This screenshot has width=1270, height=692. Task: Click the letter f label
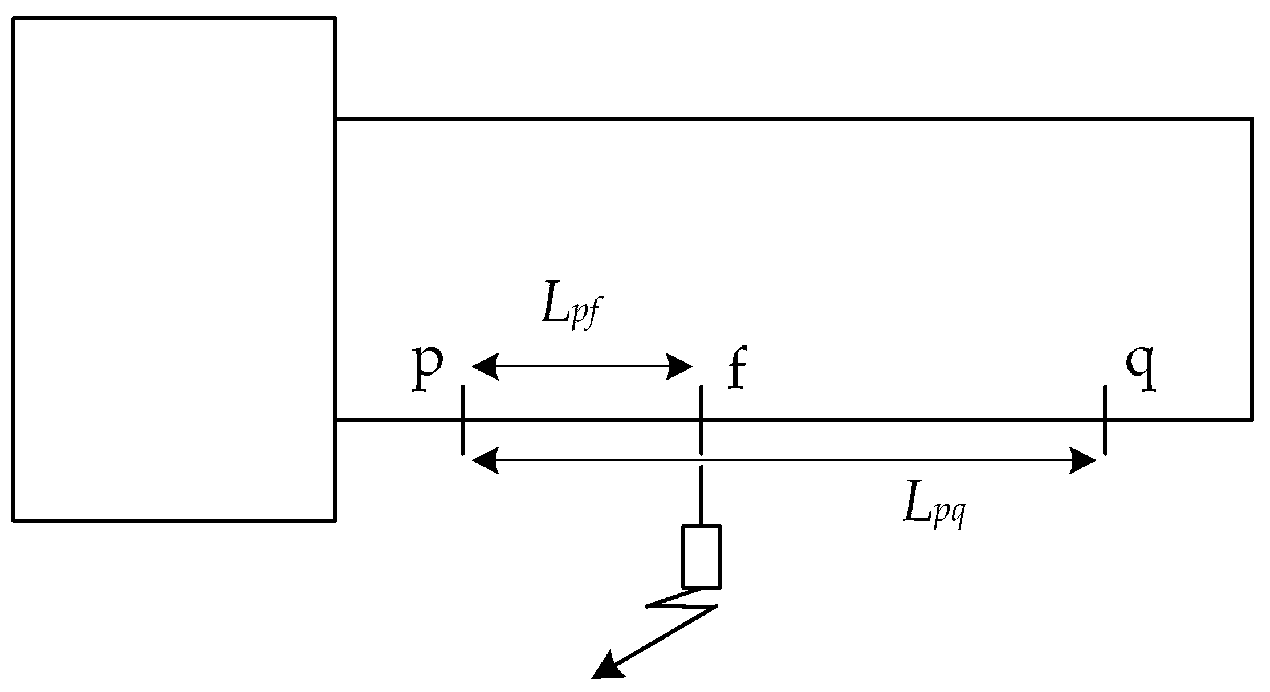(x=737, y=371)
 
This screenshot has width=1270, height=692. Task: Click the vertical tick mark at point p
(x=463, y=420)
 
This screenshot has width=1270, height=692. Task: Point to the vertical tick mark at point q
(x=1105, y=420)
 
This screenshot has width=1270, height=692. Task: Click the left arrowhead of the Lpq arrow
(x=485, y=460)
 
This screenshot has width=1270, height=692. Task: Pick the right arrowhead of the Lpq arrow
(x=1083, y=460)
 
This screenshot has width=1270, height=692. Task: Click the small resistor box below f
(x=701, y=556)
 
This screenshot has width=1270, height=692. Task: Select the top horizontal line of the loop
(x=792, y=119)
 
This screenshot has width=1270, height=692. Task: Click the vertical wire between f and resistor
(x=701, y=496)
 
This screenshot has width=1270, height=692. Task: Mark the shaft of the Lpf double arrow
(x=581, y=367)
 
